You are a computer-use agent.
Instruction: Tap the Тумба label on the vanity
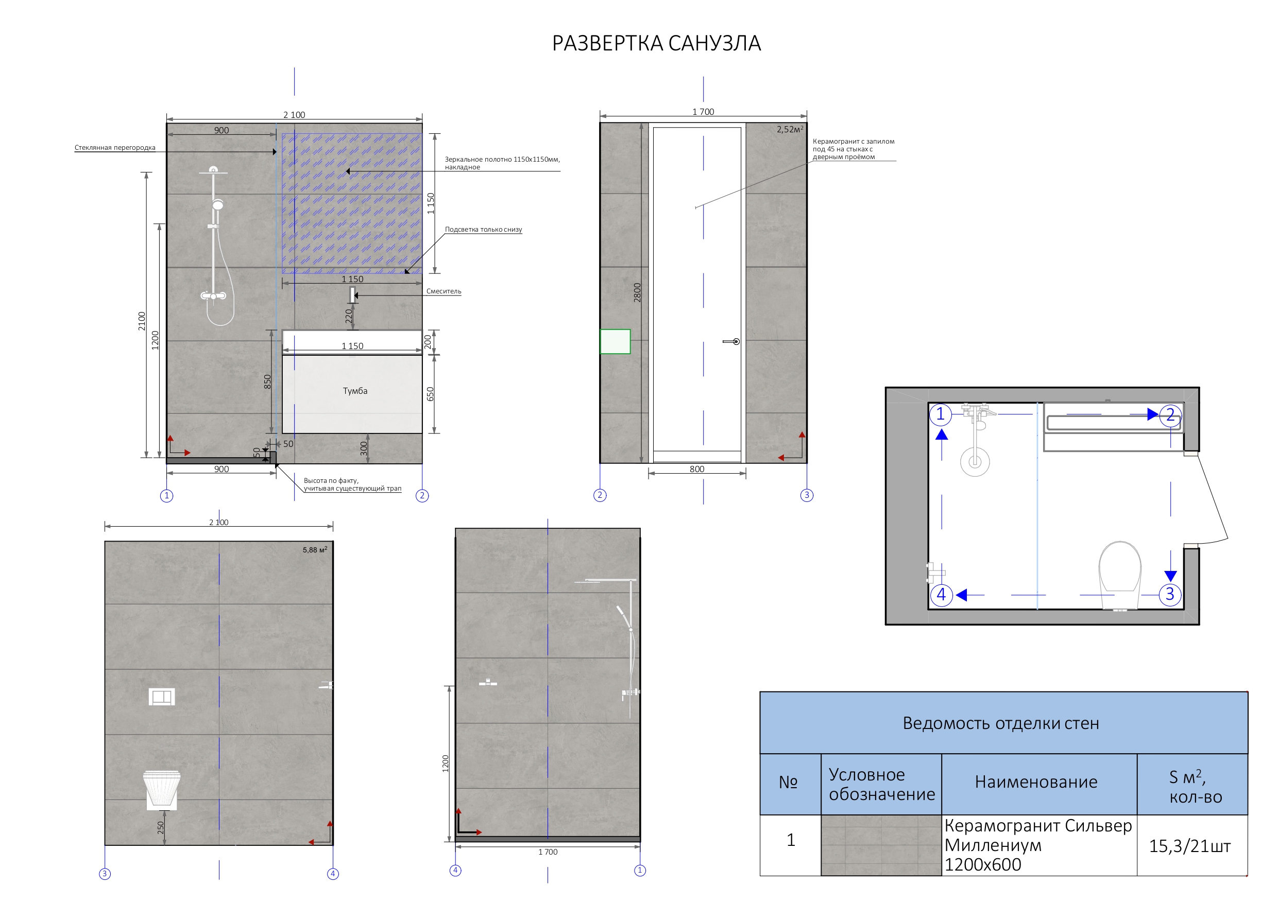tap(354, 391)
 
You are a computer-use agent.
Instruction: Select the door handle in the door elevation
tap(731, 341)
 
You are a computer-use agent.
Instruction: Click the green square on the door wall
tap(615, 341)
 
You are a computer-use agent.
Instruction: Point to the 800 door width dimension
tap(696, 469)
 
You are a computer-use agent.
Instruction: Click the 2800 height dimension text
tap(637, 292)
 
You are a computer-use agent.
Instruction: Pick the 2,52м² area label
tap(789, 130)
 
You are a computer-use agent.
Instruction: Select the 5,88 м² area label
tap(315, 550)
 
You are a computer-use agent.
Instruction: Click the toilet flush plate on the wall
tap(161, 697)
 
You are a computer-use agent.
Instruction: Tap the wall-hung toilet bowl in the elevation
tap(161, 788)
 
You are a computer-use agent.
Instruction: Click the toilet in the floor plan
tap(1119, 573)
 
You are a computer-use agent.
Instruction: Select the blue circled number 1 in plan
tap(940, 414)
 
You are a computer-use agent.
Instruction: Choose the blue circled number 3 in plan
tap(1169, 594)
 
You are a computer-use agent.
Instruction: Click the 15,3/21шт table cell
tap(1189, 846)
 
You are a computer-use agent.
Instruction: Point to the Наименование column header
tap(1035, 782)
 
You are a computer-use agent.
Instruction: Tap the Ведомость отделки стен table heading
tap(1000, 723)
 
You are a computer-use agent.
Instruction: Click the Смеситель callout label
tap(443, 291)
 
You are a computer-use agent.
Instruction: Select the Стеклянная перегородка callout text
tap(115, 147)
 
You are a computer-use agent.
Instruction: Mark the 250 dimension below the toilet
tap(161, 827)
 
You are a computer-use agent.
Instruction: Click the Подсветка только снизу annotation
tap(483, 229)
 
